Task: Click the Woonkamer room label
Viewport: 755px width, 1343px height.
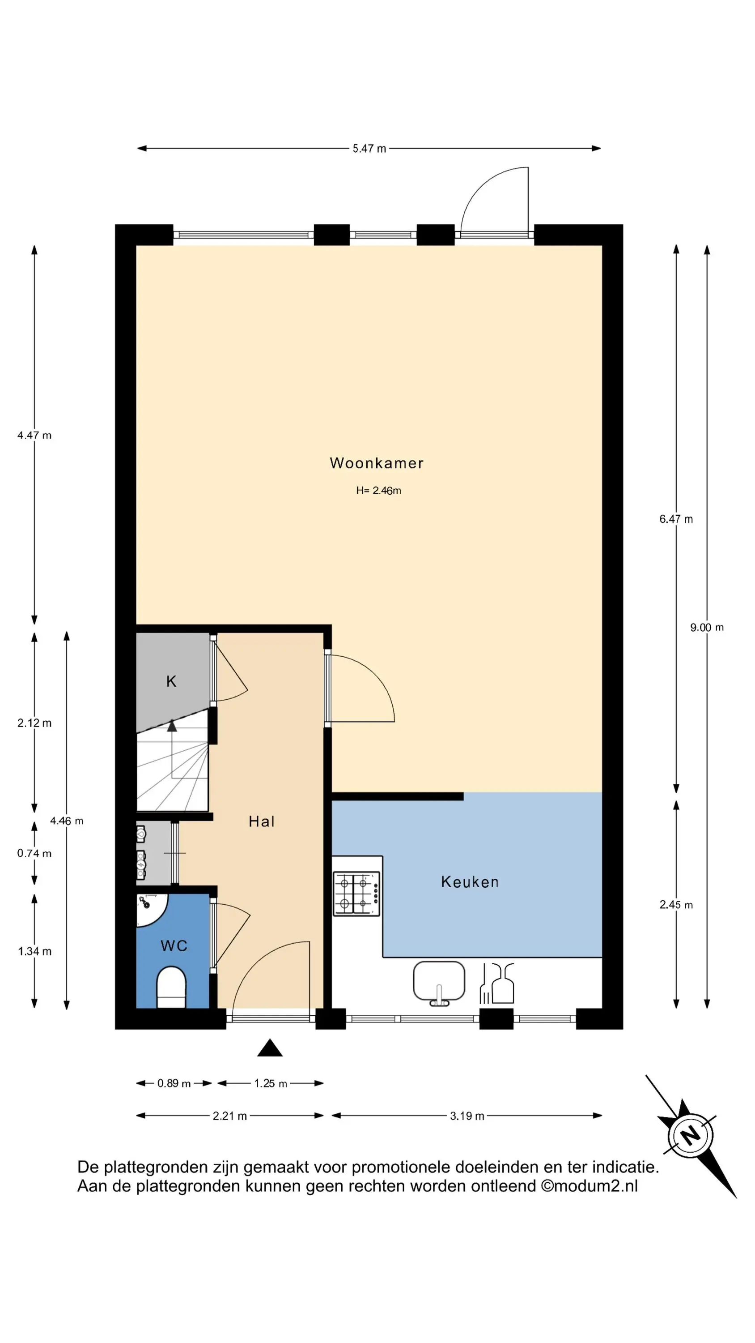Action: pyautogui.click(x=376, y=463)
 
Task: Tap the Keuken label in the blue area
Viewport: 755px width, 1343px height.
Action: pyautogui.click(x=470, y=881)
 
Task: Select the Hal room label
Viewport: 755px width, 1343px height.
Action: pyautogui.click(x=262, y=821)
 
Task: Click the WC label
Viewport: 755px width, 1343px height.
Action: pyautogui.click(x=174, y=945)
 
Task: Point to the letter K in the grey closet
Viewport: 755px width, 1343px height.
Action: pyautogui.click(x=171, y=681)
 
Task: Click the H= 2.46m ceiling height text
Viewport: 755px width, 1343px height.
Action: pyautogui.click(x=379, y=490)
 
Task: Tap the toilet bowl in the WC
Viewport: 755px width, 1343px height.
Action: pyautogui.click(x=171, y=987)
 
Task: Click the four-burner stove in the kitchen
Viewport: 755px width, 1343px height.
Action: pyautogui.click(x=356, y=893)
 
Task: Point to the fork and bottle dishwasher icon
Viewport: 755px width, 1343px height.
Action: pyautogui.click(x=496, y=983)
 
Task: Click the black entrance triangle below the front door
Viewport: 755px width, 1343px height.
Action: pyautogui.click(x=270, y=1048)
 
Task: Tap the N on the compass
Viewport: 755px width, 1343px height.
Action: pyautogui.click(x=691, y=1134)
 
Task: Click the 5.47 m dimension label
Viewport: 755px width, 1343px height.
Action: pyautogui.click(x=369, y=149)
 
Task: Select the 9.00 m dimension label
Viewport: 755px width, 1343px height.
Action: pyautogui.click(x=707, y=627)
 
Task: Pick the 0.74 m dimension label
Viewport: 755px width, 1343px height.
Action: pyautogui.click(x=34, y=853)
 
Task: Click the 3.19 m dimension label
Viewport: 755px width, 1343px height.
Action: pyautogui.click(x=467, y=1116)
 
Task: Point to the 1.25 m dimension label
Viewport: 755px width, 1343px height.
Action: pyautogui.click(x=271, y=1083)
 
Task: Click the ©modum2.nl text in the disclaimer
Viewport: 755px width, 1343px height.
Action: pyautogui.click(x=590, y=1186)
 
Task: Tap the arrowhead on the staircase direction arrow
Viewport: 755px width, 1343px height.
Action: pyautogui.click(x=171, y=725)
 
